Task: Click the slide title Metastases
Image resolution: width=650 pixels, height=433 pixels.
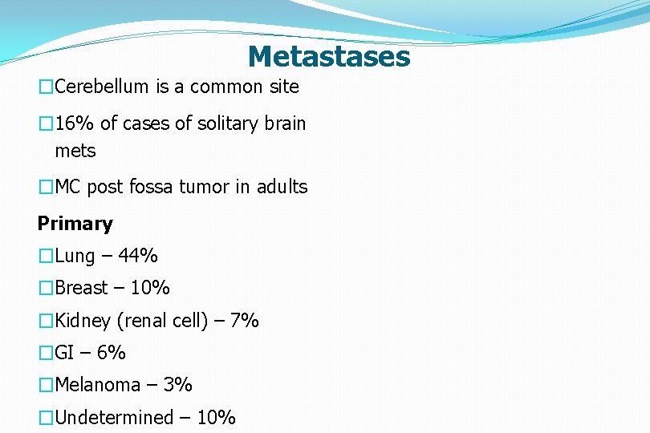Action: pos(328,57)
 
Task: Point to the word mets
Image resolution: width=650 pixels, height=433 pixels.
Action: pos(75,151)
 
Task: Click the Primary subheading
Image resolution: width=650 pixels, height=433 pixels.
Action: pos(75,224)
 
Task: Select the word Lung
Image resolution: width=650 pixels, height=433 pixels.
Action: pos(75,257)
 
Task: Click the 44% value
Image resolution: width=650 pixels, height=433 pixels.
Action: pos(138,257)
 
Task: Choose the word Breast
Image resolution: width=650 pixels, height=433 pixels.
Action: pos(81,288)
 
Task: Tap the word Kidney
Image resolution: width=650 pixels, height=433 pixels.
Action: pos(83,322)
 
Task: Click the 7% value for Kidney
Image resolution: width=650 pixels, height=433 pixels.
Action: pos(244,321)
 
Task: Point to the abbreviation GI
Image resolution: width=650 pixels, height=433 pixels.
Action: pos(65,353)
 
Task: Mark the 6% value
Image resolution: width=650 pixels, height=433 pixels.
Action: pos(111,353)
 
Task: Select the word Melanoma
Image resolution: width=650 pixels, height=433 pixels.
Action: pos(97,385)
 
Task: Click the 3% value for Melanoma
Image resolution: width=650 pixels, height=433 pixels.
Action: pos(177,385)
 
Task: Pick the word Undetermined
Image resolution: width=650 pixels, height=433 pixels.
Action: pos(114,418)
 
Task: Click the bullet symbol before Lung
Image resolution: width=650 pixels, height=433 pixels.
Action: pos(46,257)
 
